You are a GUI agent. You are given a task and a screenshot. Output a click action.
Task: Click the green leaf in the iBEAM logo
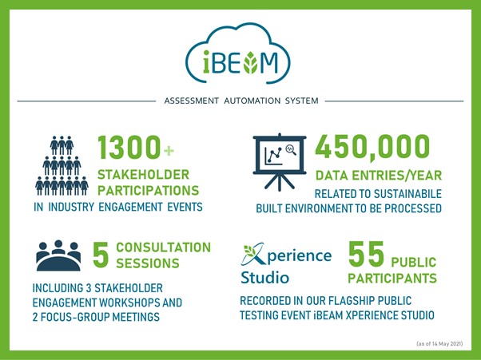pos(251,62)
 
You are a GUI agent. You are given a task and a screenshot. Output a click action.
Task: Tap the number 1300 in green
pos(129,148)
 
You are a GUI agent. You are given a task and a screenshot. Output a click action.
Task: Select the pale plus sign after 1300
pos(169,150)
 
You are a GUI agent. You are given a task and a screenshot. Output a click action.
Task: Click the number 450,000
pos(372,147)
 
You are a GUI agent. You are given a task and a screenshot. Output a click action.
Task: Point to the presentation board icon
pos(280,162)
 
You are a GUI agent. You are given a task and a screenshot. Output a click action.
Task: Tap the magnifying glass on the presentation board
pos(291,149)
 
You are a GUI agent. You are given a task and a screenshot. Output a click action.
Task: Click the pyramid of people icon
pos(62,166)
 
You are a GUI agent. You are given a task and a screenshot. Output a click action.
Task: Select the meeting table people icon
pos(58,255)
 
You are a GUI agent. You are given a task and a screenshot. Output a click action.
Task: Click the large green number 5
pos(101,255)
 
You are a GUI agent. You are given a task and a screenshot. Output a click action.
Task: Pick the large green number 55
pos(366,254)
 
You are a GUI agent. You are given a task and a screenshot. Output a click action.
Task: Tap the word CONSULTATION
pos(164,247)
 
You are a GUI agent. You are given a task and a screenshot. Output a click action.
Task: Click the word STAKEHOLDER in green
pos(143,175)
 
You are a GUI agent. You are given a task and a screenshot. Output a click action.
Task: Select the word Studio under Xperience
pos(264,278)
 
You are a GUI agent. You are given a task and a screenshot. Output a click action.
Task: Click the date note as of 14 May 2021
pos(439,344)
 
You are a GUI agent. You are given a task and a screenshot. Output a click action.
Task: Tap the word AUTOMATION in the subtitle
pos(252,101)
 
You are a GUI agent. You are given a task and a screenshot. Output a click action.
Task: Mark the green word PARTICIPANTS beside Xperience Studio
pos(392,279)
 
